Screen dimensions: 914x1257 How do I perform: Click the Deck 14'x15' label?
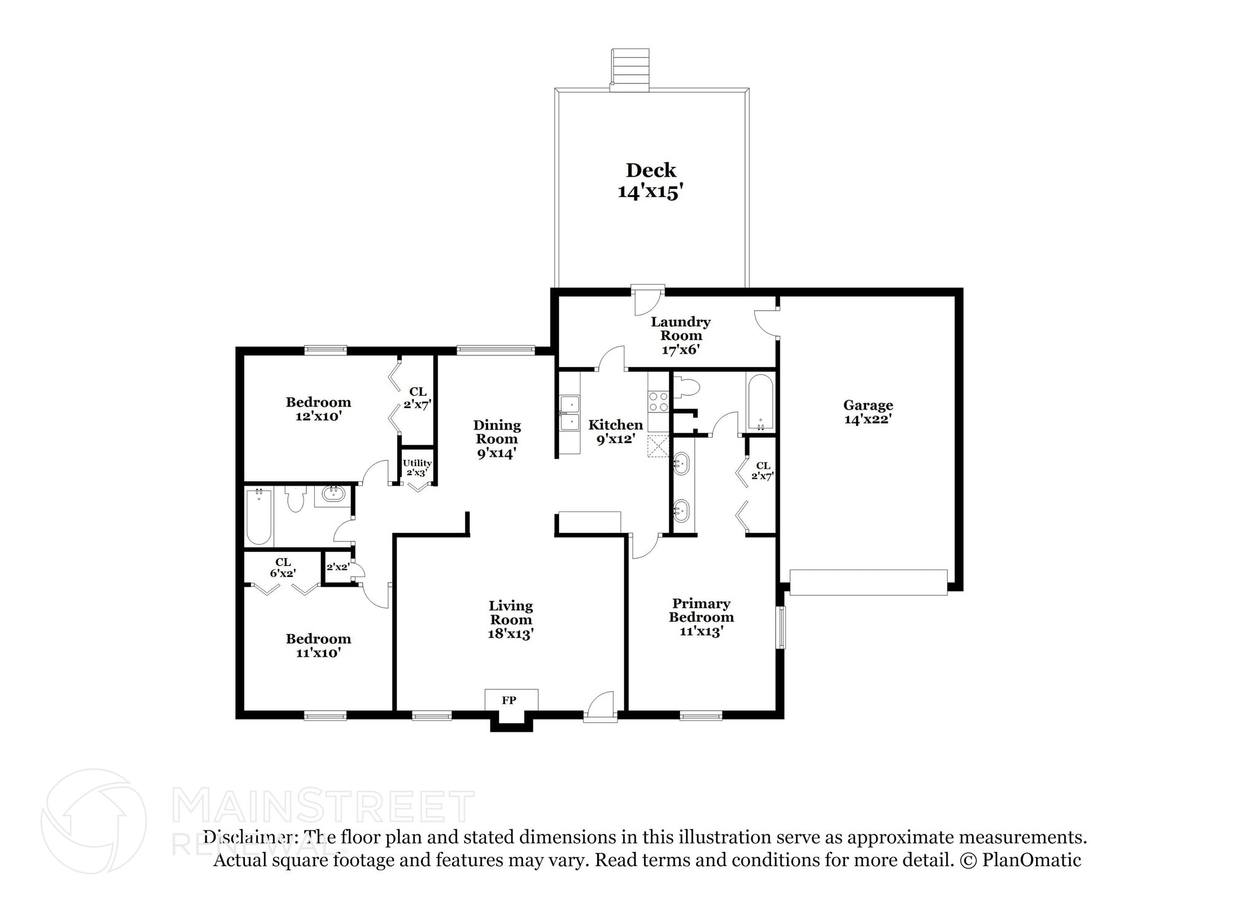[x=651, y=181]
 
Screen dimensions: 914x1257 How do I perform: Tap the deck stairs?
[x=630, y=69]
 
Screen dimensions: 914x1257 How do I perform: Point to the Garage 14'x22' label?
[x=868, y=412]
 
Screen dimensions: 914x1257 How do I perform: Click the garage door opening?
[x=868, y=582]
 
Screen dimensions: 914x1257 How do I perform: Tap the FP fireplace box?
[x=509, y=700]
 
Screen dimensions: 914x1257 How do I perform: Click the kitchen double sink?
[x=570, y=413]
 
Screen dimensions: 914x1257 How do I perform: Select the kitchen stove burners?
[x=659, y=402]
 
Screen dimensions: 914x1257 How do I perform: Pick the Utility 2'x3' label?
[x=417, y=468]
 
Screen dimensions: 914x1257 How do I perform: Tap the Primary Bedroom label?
[x=701, y=610]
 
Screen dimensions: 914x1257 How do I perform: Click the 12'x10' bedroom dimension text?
[x=318, y=416]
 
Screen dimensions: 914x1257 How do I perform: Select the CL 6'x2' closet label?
[x=283, y=567]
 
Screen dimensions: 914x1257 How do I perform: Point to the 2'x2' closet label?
[x=338, y=567]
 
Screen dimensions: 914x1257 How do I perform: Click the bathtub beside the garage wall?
[x=760, y=403]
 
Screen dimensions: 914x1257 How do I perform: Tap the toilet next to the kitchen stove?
[x=687, y=388]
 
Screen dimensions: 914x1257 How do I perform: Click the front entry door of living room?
[x=600, y=706]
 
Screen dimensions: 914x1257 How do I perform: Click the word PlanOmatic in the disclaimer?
[x=1031, y=860]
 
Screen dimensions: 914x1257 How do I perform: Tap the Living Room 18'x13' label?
[x=511, y=619]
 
